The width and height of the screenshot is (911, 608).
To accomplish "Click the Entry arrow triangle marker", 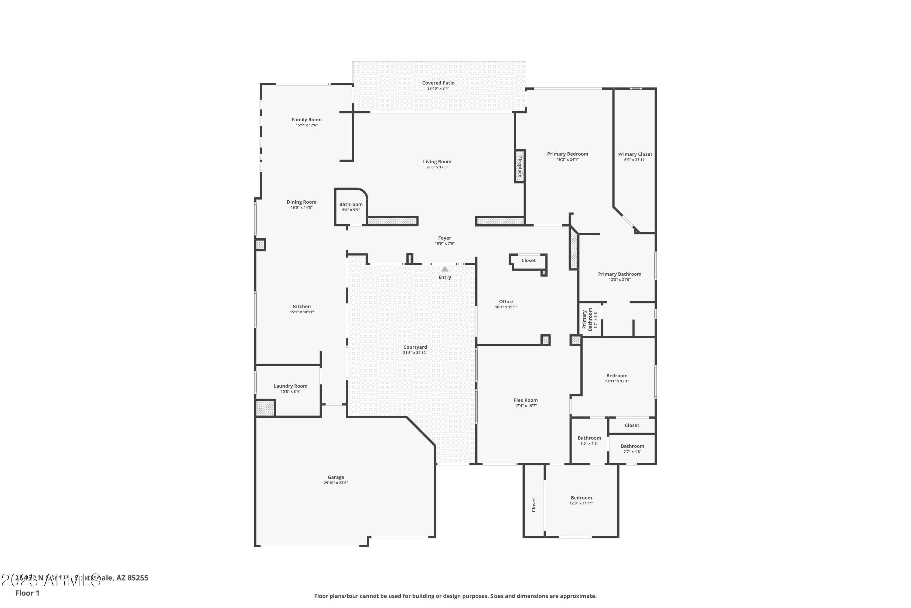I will point(445,269).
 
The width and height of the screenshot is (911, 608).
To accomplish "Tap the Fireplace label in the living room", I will point(520,166).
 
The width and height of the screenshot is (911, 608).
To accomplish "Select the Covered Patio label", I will point(438,83).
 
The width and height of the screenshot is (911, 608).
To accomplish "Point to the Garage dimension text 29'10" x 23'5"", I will point(336,483).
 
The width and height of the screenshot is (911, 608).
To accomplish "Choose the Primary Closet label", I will point(635,154).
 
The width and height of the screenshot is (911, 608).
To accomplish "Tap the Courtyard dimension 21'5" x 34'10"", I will point(415,352).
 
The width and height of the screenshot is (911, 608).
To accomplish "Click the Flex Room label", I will point(526,400).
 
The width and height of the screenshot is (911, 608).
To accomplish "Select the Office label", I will point(506,301).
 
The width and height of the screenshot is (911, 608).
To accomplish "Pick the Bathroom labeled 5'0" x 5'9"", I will point(351,204).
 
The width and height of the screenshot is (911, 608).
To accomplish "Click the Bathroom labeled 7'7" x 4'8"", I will point(632,446).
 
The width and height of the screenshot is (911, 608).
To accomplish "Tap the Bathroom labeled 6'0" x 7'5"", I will point(589,438).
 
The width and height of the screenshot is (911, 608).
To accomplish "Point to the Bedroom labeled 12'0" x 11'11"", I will point(581,497).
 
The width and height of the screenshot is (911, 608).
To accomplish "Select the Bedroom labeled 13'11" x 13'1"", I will point(617,375).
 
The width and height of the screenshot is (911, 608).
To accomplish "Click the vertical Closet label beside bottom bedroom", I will point(534,505).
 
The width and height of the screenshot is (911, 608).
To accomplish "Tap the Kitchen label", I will point(302,306).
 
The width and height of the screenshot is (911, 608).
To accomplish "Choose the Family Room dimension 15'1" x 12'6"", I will point(306,125).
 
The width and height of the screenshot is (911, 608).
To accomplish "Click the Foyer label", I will point(445,238).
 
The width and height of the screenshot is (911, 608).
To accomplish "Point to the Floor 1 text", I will point(27,593).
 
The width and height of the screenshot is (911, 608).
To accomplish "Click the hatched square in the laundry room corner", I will point(265,408).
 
